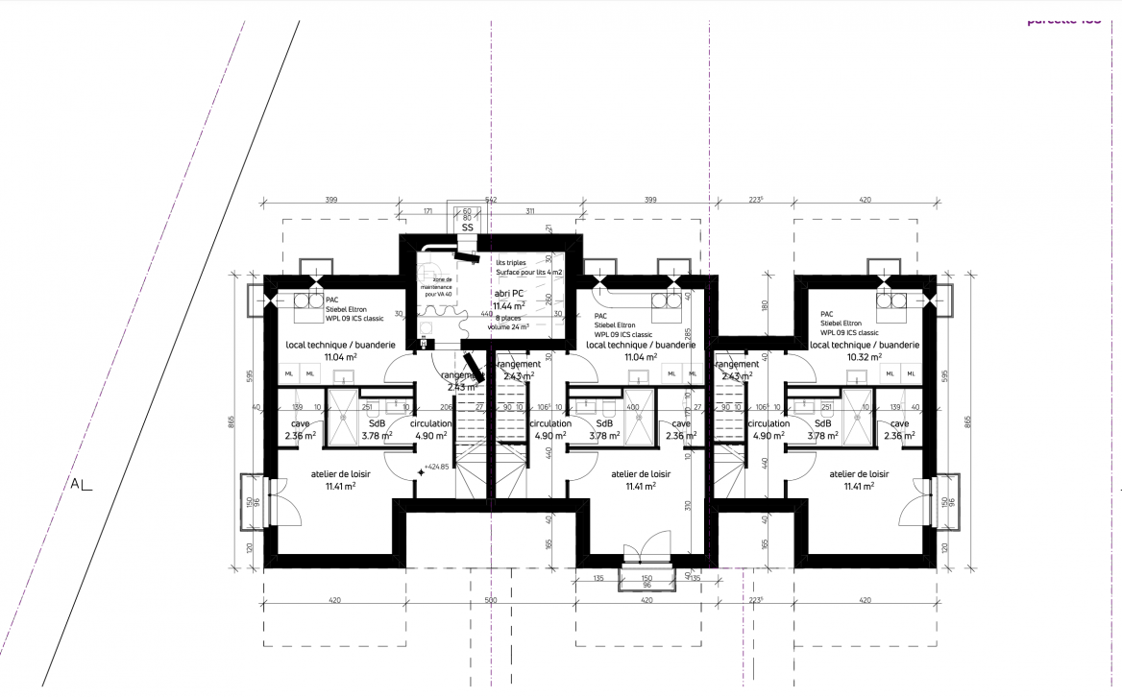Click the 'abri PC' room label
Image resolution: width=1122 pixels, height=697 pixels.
[508, 294]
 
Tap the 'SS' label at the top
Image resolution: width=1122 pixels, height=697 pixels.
[467, 228]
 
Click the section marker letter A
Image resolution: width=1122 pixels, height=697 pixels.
[75, 483]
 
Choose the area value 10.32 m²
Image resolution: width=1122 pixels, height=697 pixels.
[865, 356]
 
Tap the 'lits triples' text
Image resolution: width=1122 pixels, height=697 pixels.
[511, 261]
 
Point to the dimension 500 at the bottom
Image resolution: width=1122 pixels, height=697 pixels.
[491, 600]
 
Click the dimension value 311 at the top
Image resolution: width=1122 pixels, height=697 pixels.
[529, 210]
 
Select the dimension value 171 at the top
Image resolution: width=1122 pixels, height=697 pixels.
[428, 210]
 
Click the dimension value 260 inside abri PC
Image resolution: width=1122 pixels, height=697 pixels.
[548, 300]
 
